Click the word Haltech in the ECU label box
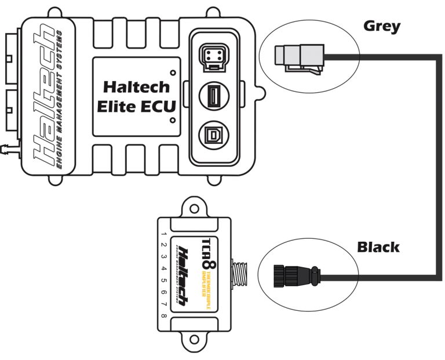(x=137, y=87)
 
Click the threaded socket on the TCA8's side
(x=239, y=274)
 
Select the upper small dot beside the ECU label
(x=174, y=73)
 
